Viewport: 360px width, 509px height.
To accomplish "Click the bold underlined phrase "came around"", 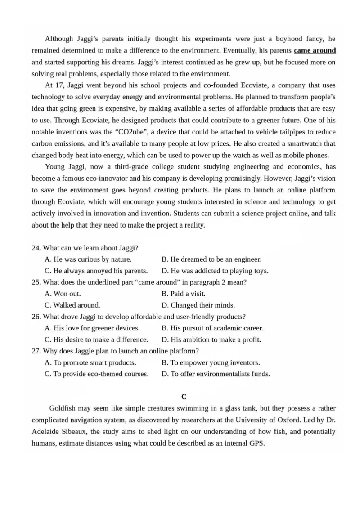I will pyautogui.click(x=315, y=50).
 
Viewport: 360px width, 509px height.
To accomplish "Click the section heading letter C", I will pyautogui.click(x=184, y=397).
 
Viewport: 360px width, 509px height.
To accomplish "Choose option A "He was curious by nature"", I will pyautogui.click(x=88, y=259).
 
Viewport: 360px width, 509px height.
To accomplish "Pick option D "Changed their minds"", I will pyautogui.click(x=198, y=305).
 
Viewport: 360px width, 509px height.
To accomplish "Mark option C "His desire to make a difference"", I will pyautogui.click(x=96, y=339).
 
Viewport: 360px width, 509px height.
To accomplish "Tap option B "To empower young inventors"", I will pyautogui.click(x=211, y=362).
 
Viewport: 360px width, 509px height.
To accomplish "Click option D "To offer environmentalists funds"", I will pyautogui.click(x=216, y=374).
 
